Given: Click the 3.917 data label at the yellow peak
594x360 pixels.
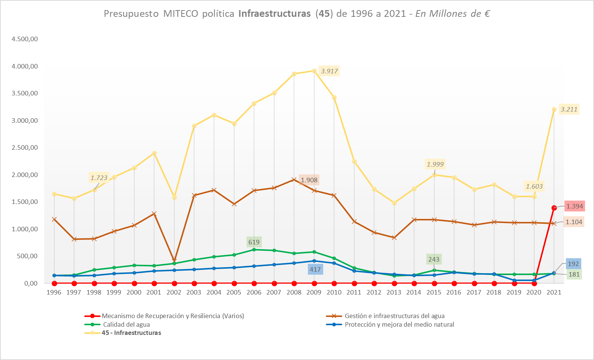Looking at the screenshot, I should coord(329,71).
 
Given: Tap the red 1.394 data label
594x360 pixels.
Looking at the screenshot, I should coord(574,206).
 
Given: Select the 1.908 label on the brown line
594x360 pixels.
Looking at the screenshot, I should coord(309,180).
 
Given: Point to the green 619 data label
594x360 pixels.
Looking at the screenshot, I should coord(254,242).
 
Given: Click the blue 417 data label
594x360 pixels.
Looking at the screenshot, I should coord(315,269).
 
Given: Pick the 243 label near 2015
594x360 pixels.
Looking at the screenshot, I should coord(434,259).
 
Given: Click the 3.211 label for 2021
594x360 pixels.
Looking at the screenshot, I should coord(569,109).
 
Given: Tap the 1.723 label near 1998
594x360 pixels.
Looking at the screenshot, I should coord(99,178).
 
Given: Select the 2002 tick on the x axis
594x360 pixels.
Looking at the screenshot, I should coord(174,292).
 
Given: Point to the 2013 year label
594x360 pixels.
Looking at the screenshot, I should coord(394,292).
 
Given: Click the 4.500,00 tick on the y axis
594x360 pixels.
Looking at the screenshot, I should coord(25,39).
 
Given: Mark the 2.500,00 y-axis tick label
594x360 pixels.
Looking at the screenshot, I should coord(25,147).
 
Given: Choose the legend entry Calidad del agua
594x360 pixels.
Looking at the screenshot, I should coord(126,324).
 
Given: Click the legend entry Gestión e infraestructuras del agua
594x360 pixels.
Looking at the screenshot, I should coord(395,316).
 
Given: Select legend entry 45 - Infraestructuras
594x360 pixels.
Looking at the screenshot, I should coord(131,333).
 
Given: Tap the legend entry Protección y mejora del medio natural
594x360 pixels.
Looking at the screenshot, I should coord(399,324).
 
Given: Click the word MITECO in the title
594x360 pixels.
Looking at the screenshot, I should coord(181,14).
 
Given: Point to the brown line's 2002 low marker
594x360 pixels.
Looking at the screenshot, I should coord(174,260).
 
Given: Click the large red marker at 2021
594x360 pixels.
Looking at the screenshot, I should coord(554,208).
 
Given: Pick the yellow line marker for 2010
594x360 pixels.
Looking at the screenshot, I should coord(334,98).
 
